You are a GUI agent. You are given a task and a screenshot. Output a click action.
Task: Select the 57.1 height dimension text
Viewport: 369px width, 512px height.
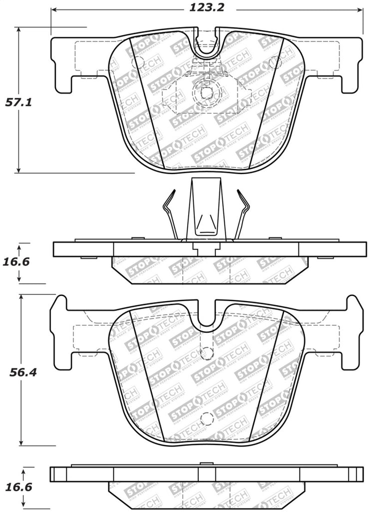pyautogui.click(x=18, y=102)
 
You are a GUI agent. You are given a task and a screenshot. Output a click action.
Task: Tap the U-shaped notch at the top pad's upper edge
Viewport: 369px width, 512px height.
pyautogui.click(x=206, y=45)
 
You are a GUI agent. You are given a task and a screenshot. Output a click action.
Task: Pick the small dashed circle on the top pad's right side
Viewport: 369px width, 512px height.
pyautogui.click(x=274, y=62)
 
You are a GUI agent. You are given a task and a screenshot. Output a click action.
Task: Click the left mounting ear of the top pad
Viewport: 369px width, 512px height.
pyautogui.click(x=62, y=65)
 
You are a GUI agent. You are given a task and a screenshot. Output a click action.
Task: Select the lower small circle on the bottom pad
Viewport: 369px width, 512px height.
pyautogui.click(x=205, y=419)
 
